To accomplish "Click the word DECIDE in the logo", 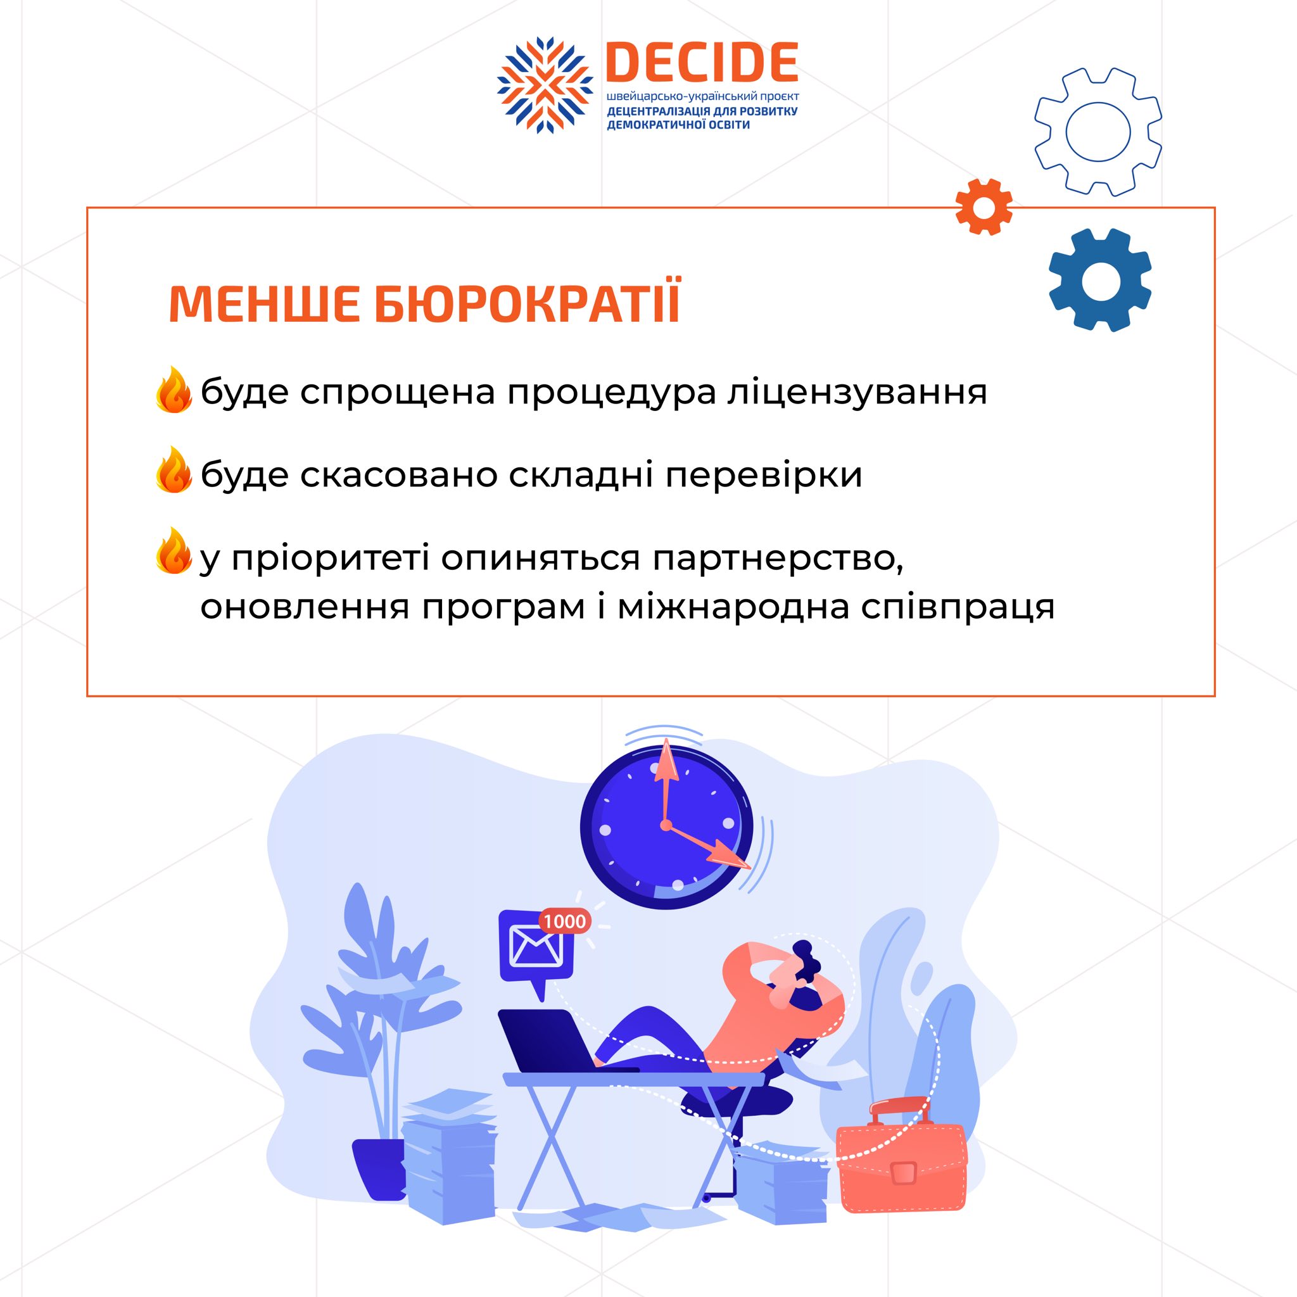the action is [x=702, y=62].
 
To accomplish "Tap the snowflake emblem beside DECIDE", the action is [x=545, y=85].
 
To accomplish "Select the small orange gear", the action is [x=984, y=206].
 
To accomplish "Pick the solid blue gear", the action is [x=1099, y=280].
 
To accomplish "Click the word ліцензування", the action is [x=857, y=393].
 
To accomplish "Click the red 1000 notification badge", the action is [x=564, y=921].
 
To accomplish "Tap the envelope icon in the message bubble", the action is [x=536, y=947].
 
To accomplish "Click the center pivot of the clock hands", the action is [x=666, y=825].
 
